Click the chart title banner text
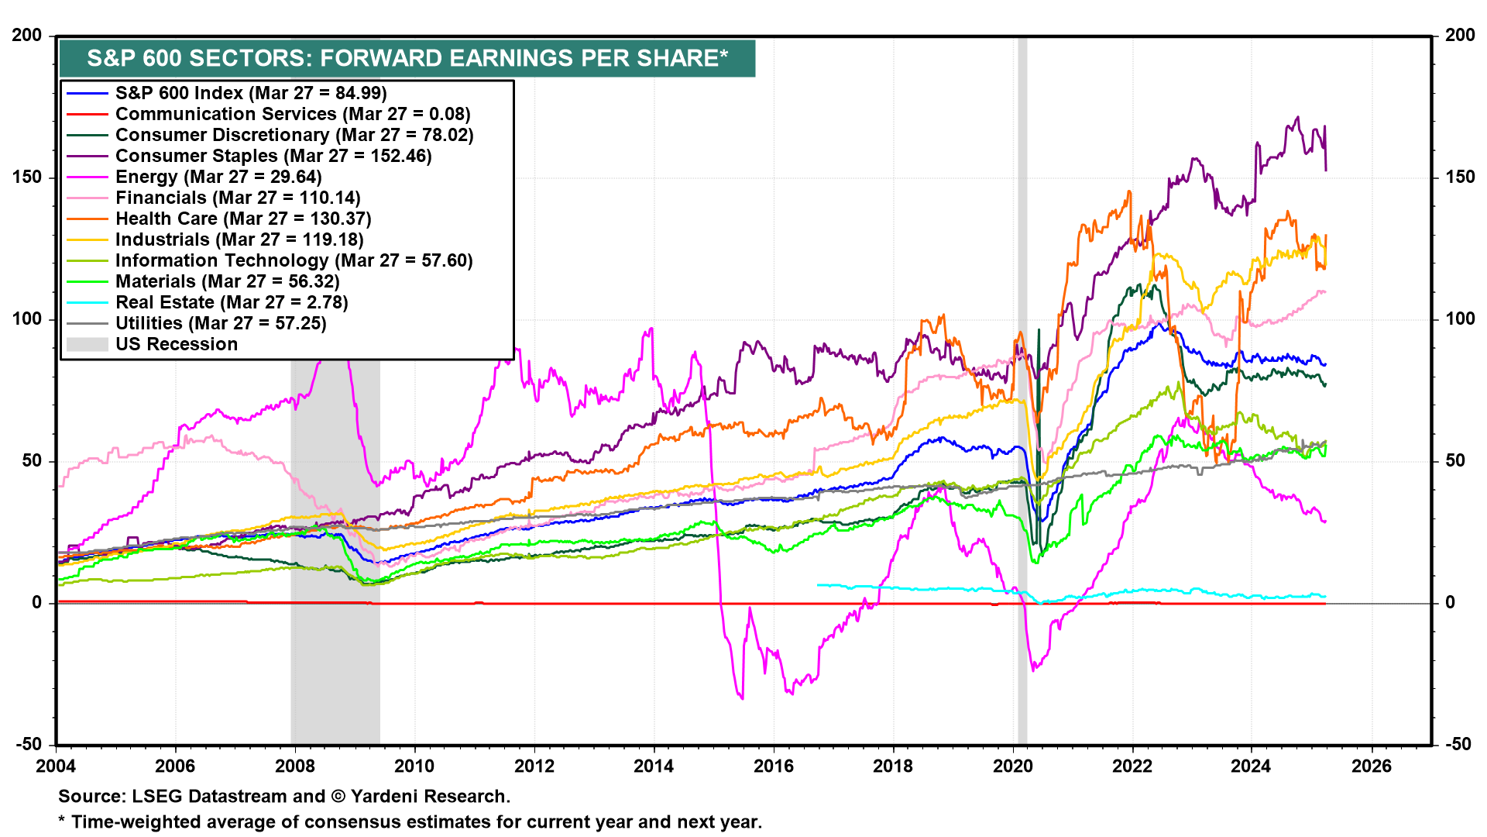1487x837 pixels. [x=407, y=58]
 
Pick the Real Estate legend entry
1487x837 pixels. [x=232, y=303]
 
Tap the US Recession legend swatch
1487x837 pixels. [x=87, y=345]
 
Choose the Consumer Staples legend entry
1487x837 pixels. [x=273, y=157]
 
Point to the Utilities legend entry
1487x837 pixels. [x=221, y=324]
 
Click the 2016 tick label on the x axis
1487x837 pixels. [x=773, y=766]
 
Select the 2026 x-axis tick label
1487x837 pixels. [x=1371, y=766]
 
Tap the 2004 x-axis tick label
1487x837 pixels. [x=56, y=766]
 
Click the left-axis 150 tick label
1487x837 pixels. [x=27, y=177]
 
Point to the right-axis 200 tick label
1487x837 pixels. [x=1459, y=36]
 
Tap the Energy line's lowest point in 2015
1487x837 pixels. [x=742, y=699]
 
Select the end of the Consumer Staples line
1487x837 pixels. [x=1326, y=170]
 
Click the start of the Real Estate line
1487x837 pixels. [x=818, y=585]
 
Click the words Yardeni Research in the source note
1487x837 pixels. [x=430, y=797]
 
